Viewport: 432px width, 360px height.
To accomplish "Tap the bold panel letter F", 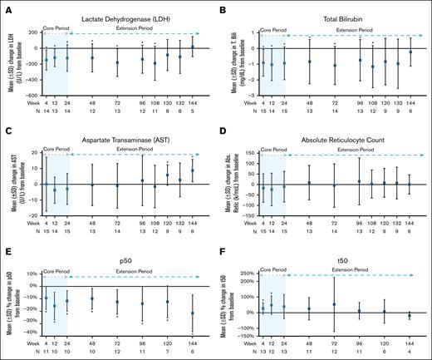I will click(223, 247).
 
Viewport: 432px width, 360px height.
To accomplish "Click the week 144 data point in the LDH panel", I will click(193, 47).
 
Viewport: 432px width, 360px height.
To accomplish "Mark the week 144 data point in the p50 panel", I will click(193, 313).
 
